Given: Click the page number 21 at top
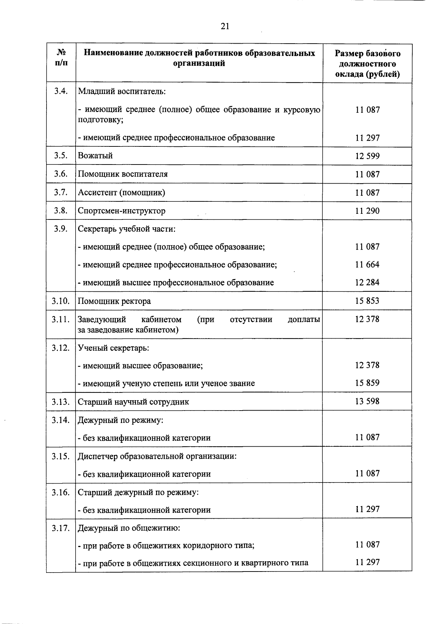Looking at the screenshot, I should click(x=225, y=26).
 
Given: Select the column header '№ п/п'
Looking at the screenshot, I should click(x=61, y=58).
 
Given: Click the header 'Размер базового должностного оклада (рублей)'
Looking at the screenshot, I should click(x=367, y=64).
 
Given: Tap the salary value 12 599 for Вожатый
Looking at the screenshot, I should click(x=367, y=156).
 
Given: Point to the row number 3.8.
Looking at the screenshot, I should click(x=61, y=211).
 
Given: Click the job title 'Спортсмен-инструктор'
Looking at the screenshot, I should click(x=121, y=211).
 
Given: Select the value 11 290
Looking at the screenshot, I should click(x=367, y=211).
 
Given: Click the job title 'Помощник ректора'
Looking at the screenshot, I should click(x=114, y=301).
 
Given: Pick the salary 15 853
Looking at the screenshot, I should click(x=367, y=301).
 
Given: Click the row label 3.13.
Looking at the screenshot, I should click(x=60, y=402).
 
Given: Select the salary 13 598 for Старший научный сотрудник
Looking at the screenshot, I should click(x=367, y=401).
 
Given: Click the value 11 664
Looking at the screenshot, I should click(x=367, y=264).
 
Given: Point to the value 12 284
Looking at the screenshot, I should click(x=367, y=283).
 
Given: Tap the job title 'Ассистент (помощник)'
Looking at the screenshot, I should click(x=121, y=193).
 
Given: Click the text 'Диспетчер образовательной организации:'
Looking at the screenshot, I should click(x=157, y=456).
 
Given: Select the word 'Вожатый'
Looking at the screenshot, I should click(x=95, y=156).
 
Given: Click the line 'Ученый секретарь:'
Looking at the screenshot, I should click(x=113, y=348).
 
